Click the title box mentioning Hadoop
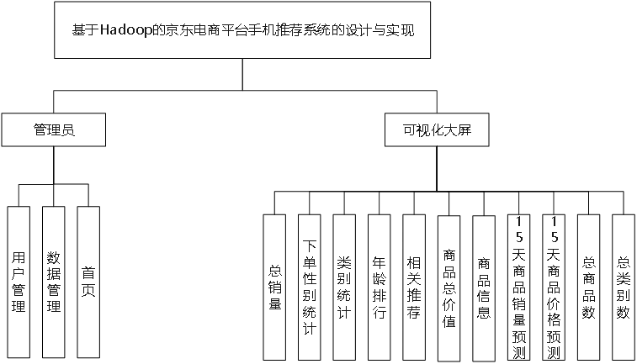pyautogui.click(x=243, y=30)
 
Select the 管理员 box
pyautogui.click(x=54, y=130)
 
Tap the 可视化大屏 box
pyautogui.click(x=433, y=130)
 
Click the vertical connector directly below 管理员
pyautogui.click(x=54, y=164)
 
